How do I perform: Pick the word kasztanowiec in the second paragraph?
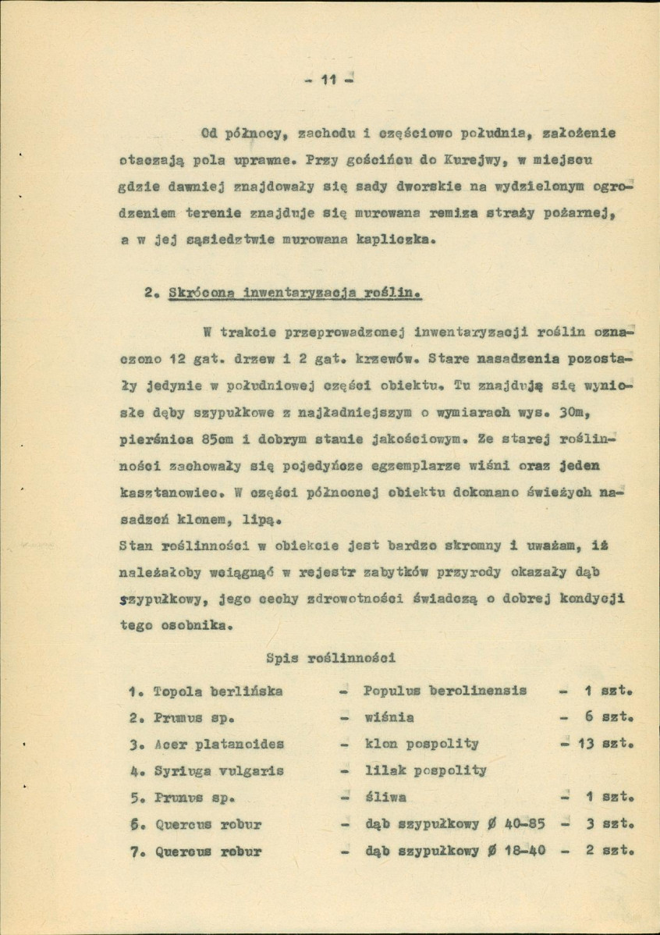173,495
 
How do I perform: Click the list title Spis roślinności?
331,657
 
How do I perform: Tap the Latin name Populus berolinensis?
445,691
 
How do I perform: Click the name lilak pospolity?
425,770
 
